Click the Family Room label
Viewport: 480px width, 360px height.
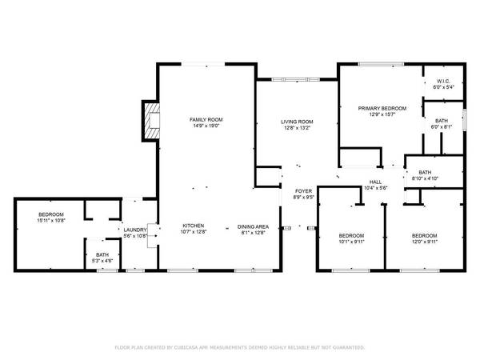point(205,119)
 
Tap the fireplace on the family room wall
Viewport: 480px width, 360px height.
point(150,121)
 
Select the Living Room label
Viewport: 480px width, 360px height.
point(295,122)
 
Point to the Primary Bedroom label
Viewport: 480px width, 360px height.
point(382,108)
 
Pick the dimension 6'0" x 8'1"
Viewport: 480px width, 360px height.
point(442,126)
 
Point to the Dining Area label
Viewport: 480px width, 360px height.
point(253,226)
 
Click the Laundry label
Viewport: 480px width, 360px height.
point(134,230)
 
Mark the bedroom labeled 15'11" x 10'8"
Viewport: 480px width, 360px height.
point(50,218)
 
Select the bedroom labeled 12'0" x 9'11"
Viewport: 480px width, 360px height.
point(424,238)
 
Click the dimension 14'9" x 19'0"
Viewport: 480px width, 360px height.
point(205,126)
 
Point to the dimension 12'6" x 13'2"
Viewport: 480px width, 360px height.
point(295,128)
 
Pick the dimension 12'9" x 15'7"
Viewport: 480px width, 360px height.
point(382,114)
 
